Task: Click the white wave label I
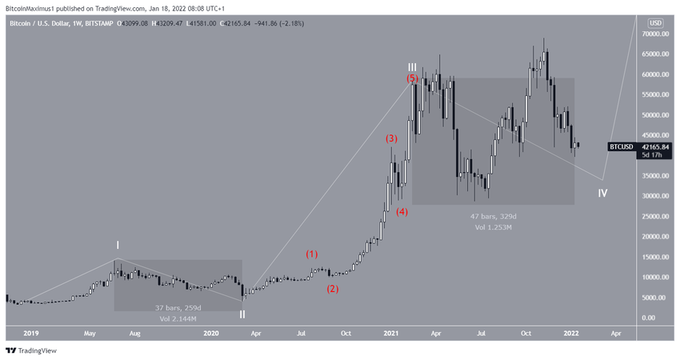(118, 245)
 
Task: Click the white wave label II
(242, 314)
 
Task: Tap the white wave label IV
(602, 194)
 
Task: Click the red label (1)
(312, 254)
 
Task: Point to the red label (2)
(333, 289)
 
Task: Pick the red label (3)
(391, 138)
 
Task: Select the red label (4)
(402, 212)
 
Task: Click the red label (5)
(411, 79)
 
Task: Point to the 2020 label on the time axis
(211, 332)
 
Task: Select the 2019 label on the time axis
(31, 332)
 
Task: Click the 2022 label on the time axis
(571, 332)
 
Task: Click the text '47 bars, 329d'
(494, 217)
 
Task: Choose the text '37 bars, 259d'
(178, 308)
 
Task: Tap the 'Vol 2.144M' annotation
(178, 319)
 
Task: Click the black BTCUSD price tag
(621, 146)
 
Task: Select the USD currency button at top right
(655, 22)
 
